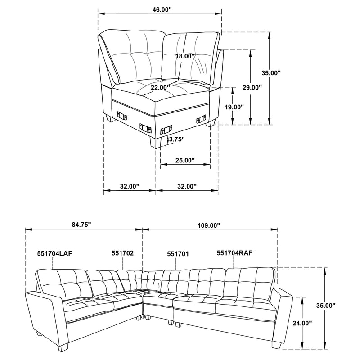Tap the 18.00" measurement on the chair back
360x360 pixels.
pyautogui.click(x=184, y=56)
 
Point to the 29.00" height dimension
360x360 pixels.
pyautogui.click(x=252, y=88)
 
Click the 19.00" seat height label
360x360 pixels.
pyautogui.click(x=234, y=107)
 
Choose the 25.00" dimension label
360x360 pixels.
pyautogui.click(x=185, y=160)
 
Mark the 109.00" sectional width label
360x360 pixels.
pyautogui.click(x=209, y=224)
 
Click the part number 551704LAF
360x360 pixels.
pyautogui.click(x=54, y=253)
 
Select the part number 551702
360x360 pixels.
pyautogui.click(x=122, y=253)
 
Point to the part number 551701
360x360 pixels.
pyautogui.click(x=178, y=253)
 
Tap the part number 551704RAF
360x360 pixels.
pyautogui.click(x=234, y=253)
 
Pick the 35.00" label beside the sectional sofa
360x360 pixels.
pyautogui.click(x=339, y=306)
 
